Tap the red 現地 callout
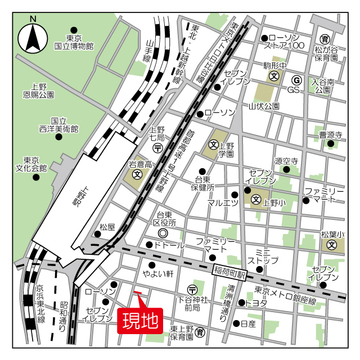(x=140, y=321)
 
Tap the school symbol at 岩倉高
(x=137, y=175)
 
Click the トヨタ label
(x=256, y=303)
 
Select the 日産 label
(x=248, y=324)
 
